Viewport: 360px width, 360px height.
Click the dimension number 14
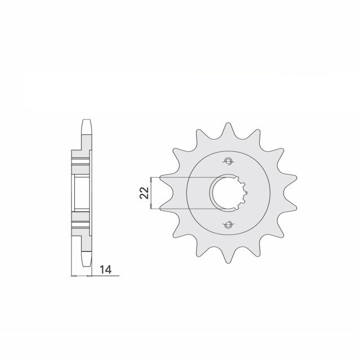(x=105, y=270)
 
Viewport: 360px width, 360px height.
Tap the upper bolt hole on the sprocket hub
(x=228, y=162)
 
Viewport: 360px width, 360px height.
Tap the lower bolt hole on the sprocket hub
(x=228, y=226)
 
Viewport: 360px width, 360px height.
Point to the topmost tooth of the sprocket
(x=227, y=128)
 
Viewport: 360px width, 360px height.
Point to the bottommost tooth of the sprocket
(x=227, y=259)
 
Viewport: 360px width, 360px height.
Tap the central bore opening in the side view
(x=80, y=194)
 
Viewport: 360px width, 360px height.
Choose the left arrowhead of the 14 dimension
(x=73, y=276)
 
